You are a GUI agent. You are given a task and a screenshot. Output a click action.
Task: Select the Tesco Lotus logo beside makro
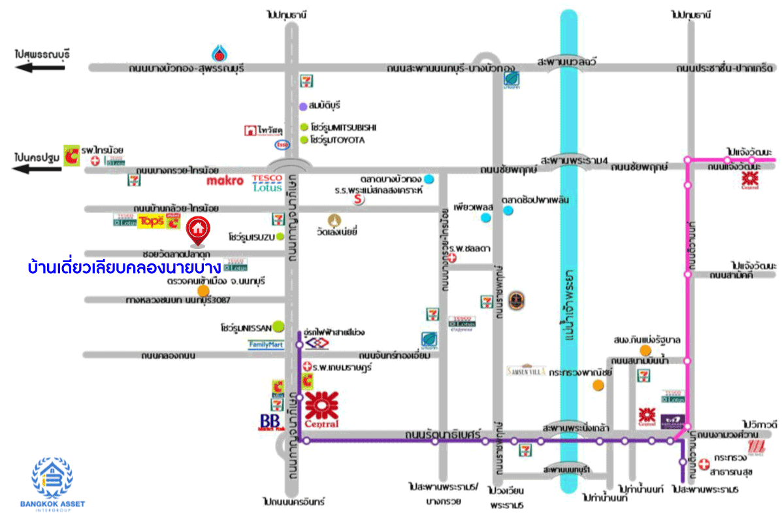(x=267, y=183)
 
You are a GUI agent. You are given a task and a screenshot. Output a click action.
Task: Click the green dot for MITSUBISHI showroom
(x=304, y=127)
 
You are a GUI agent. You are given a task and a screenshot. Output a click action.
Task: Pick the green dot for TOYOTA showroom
(x=304, y=140)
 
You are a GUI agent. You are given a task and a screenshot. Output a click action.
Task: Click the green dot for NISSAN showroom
(x=278, y=325)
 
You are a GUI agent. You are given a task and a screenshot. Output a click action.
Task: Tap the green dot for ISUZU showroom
(x=280, y=237)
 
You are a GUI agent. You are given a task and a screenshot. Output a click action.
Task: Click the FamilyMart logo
(x=266, y=344)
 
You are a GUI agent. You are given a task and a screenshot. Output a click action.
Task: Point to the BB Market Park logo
(x=271, y=422)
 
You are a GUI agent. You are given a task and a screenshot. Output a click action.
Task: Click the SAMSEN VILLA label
(x=526, y=371)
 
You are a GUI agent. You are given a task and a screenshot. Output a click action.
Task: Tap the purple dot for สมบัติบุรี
(x=303, y=106)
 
